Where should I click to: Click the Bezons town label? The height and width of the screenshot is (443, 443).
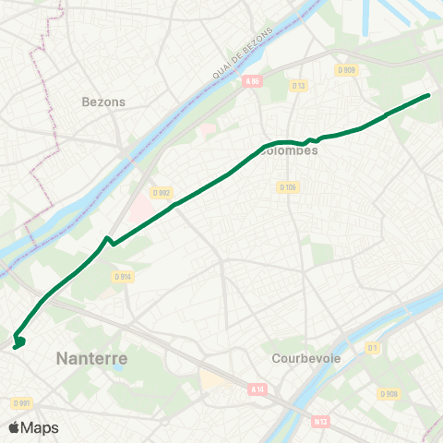click(x=103, y=102)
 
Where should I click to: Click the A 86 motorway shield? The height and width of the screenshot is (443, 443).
click(x=253, y=81)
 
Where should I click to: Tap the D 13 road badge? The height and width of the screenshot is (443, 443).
click(x=300, y=86)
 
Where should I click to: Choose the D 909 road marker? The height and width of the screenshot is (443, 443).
click(x=346, y=70)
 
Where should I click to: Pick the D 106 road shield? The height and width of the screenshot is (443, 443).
click(x=288, y=187)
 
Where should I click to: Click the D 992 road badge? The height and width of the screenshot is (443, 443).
click(x=161, y=193)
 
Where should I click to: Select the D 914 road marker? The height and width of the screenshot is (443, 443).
click(x=123, y=276)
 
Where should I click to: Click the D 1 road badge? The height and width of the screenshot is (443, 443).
click(x=373, y=348)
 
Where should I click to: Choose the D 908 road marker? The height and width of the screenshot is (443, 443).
click(x=389, y=394)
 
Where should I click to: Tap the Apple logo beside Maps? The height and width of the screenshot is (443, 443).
click(x=15, y=427)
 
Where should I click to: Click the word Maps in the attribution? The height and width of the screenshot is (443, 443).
click(x=40, y=428)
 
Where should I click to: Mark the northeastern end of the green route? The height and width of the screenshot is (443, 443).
click(x=429, y=95)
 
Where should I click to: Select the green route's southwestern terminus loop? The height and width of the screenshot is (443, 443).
click(x=18, y=343)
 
